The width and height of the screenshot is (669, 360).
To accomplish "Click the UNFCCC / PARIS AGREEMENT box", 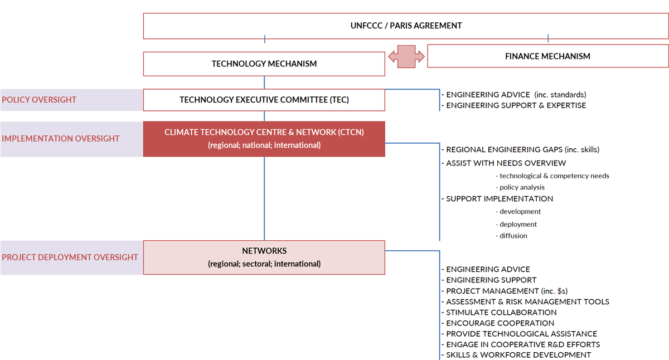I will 406,26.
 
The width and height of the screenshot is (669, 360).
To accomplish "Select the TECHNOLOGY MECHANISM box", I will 264,64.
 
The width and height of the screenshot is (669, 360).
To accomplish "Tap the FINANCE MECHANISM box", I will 547,56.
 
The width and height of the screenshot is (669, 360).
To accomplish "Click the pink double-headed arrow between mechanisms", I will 406,57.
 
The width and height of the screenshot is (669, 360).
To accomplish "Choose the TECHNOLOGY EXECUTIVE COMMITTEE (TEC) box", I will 264,100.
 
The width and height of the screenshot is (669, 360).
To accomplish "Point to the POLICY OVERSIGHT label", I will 39,100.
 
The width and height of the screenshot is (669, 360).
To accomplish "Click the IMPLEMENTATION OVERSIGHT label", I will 61,139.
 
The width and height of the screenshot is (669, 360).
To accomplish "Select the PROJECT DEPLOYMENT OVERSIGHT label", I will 70,257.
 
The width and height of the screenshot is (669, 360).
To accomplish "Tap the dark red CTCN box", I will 264,139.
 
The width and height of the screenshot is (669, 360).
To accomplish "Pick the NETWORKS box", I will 264,257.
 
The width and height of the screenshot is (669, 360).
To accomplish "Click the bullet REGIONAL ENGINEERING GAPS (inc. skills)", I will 522,150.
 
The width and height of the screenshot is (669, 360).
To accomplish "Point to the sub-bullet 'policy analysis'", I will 522,188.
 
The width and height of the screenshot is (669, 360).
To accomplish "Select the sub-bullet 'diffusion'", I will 513,236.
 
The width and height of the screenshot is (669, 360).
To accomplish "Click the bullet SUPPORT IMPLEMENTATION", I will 499,199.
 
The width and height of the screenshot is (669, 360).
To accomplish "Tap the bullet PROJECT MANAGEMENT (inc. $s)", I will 507,291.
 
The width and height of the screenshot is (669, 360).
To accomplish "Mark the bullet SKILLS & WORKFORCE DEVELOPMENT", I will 518,355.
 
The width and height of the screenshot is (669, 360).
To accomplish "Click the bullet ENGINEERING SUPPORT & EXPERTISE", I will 516,105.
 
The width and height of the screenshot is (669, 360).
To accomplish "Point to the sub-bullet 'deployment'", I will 518,224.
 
